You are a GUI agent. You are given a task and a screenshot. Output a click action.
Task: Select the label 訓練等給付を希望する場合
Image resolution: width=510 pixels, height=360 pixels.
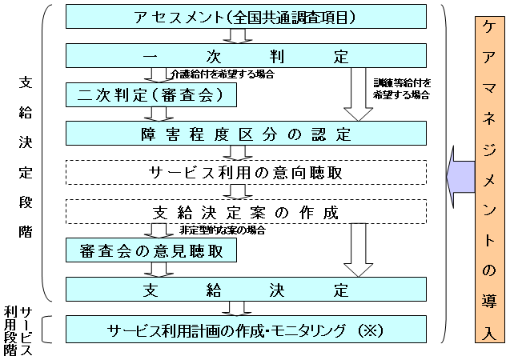[401, 89]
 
